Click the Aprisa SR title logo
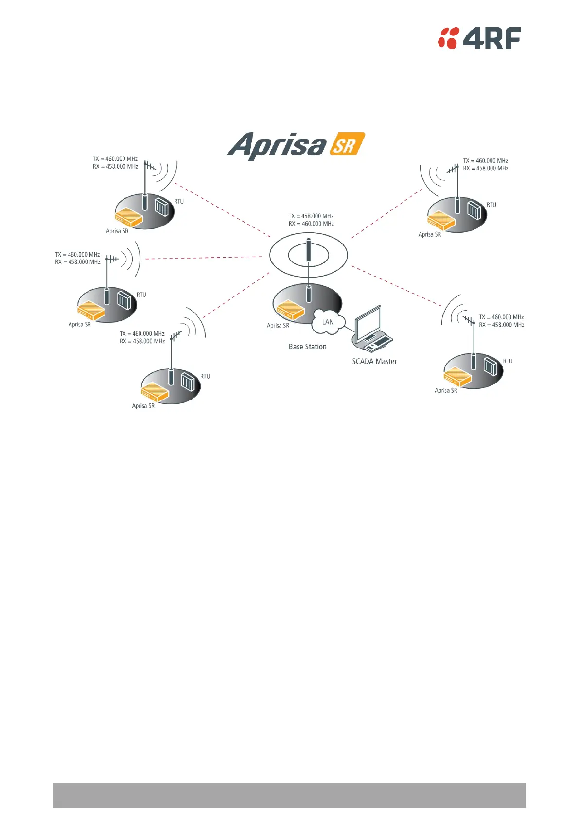[295, 145]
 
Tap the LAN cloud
[328, 322]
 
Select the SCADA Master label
[374, 361]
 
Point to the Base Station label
[307, 347]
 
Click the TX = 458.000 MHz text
[311, 216]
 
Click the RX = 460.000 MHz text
[311, 224]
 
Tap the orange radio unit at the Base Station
[290, 309]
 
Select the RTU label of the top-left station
[179, 201]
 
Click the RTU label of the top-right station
[491, 205]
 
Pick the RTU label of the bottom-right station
[508, 361]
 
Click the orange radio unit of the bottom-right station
[457, 376]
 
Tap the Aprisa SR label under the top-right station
[429, 234]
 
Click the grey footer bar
[289, 795]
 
